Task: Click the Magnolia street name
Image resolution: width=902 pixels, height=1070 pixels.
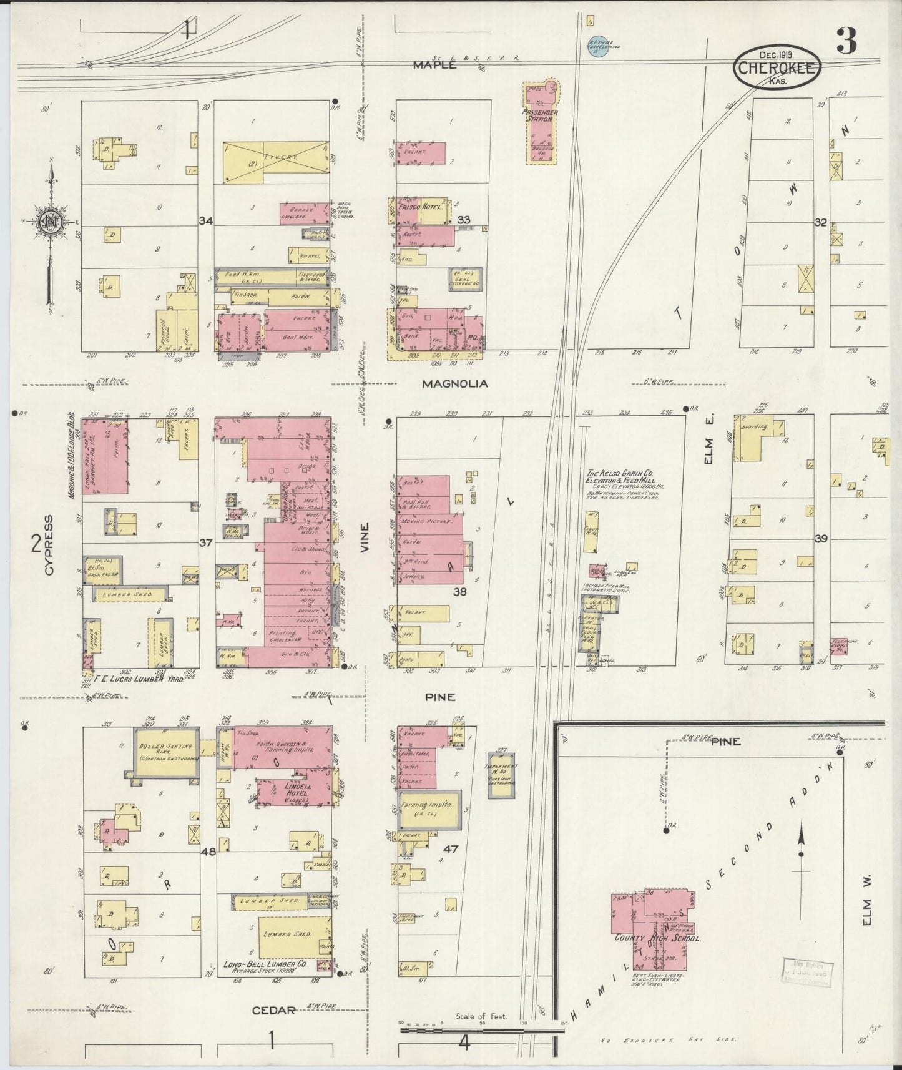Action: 454,384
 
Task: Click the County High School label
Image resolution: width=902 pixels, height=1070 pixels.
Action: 657,938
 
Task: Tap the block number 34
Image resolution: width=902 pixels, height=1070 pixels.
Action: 206,220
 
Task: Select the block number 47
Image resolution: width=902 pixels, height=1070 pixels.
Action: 451,849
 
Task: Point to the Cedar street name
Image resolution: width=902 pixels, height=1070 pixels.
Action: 274,1009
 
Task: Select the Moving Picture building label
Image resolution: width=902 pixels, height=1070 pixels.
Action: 424,521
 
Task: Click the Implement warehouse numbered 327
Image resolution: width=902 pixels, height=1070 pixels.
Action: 501,774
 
